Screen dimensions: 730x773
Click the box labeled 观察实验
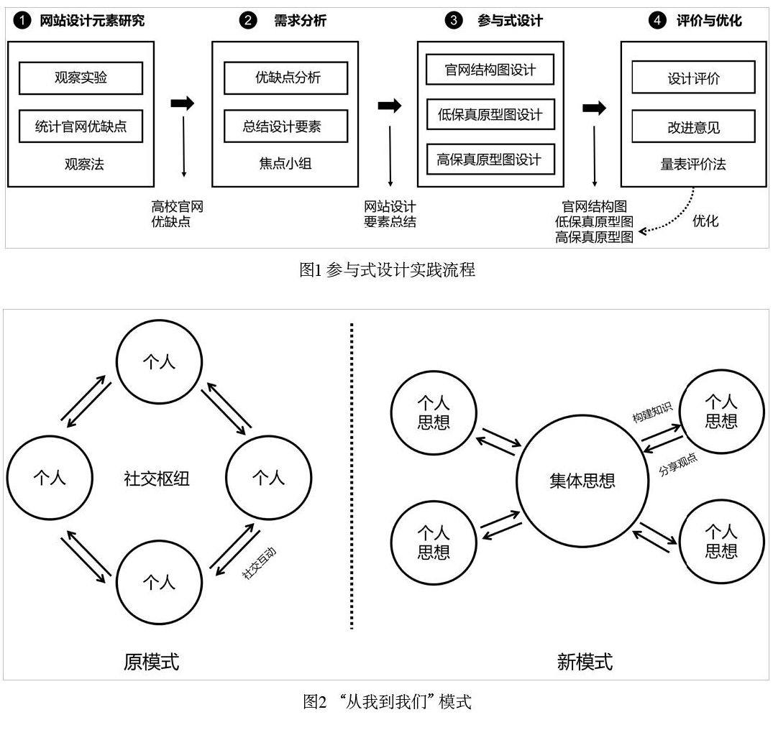(x=81, y=78)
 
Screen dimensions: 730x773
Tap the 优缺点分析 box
(x=285, y=78)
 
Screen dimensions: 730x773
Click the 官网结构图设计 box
(x=490, y=70)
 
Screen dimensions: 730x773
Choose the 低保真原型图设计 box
(x=490, y=115)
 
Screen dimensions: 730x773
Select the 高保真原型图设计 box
(x=490, y=159)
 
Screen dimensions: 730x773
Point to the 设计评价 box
(x=693, y=78)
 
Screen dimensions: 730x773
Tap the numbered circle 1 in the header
(x=24, y=21)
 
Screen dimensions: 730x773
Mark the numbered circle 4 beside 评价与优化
(x=657, y=21)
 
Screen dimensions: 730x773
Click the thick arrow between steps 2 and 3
(x=389, y=106)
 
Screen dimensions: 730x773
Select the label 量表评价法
(x=693, y=165)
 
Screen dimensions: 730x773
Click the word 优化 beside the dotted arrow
(x=705, y=221)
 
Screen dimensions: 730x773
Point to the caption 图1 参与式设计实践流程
(x=387, y=270)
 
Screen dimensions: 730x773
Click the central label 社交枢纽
(x=157, y=479)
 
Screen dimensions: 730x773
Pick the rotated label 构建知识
(x=651, y=416)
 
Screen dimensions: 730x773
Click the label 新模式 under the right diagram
(x=585, y=661)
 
